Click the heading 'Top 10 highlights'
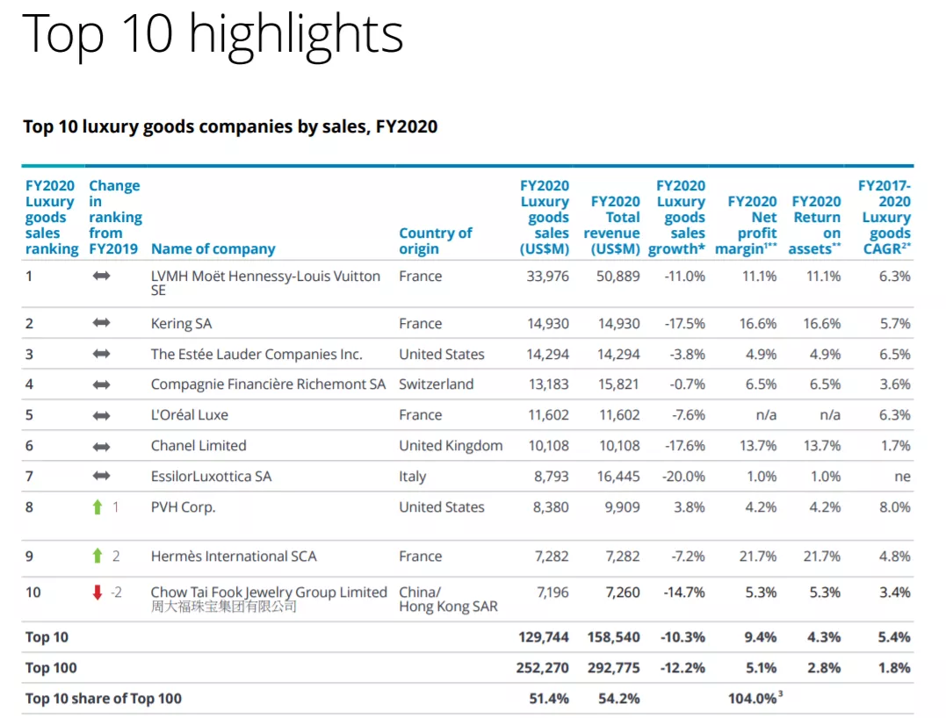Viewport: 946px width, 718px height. pos(212,34)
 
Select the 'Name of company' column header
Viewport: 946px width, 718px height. pos(213,249)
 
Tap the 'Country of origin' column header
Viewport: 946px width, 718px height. pos(435,241)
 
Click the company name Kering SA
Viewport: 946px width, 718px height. pos(181,324)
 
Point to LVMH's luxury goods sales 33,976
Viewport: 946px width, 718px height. pos(548,276)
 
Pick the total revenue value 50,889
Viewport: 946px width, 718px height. pos(618,276)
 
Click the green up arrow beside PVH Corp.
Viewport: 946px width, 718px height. pos(97,507)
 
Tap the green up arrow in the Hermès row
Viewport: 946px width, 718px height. pos(97,556)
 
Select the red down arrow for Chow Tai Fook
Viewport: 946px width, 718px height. pos(97,592)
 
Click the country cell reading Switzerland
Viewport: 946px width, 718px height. pos(436,384)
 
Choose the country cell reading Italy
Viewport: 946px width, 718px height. pos(412,477)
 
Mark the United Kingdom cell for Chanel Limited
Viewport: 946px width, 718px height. pos(451,446)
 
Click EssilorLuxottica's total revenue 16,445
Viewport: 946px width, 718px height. pos(618,477)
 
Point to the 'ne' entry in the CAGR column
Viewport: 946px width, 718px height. pos(902,477)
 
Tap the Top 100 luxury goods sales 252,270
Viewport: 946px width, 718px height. pos(543,668)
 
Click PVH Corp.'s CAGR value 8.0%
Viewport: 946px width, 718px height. pos(895,507)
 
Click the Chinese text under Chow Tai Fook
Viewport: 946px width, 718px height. pos(223,607)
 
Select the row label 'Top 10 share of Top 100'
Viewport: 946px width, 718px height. pos(104,699)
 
